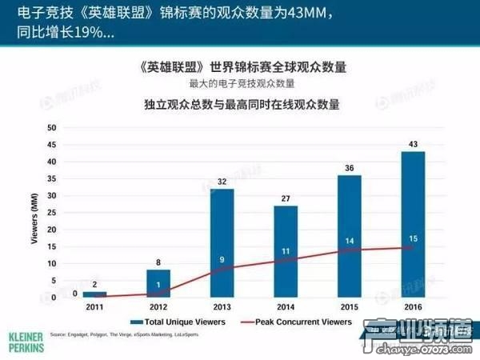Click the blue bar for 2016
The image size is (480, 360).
coord(414,224)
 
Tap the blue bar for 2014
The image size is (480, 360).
coord(286,251)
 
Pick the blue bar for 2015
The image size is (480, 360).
coord(349,236)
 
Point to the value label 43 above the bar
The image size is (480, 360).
coord(414,143)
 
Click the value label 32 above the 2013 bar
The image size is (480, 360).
coord(222,181)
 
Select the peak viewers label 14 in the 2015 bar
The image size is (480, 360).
coord(350,241)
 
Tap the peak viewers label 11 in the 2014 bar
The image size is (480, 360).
coord(286,251)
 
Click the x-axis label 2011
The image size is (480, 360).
coord(94,306)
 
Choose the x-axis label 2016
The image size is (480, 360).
coord(414,306)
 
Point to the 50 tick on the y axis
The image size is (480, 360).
coord(52,128)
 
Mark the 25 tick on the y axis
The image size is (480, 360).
coord(52,213)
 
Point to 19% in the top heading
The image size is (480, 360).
coord(90,35)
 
